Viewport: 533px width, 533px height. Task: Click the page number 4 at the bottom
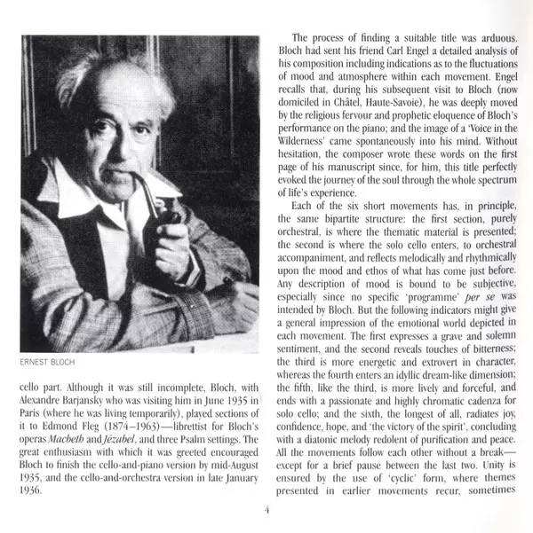click(x=266, y=509)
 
